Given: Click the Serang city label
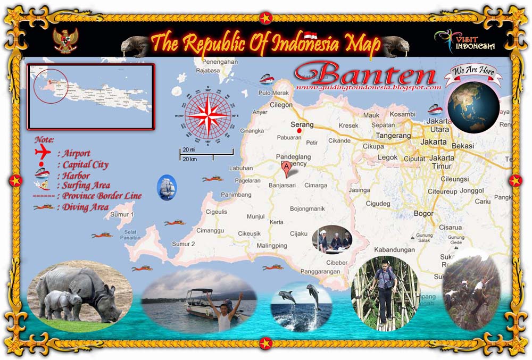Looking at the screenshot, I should [x=302, y=124].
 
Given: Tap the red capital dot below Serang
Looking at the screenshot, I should [x=300, y=131].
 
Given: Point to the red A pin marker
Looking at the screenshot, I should [x=287, y=169].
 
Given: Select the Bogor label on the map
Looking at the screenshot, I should [x=423, y=213].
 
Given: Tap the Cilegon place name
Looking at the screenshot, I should [x=281, y=105].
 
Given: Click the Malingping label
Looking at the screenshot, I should [x=272, y=246].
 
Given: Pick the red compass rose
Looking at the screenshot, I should [x=208, y=113].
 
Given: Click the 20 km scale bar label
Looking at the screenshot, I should [x=189, y=160].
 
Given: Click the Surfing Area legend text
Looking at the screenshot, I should [x=87, y=185].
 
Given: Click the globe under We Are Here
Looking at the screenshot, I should [x=473, y=106].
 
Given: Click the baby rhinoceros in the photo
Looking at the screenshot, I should [x=62, y=303].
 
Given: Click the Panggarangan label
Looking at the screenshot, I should [x=320, y=271].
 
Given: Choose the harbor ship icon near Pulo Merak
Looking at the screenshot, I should [x=267, y=79].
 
